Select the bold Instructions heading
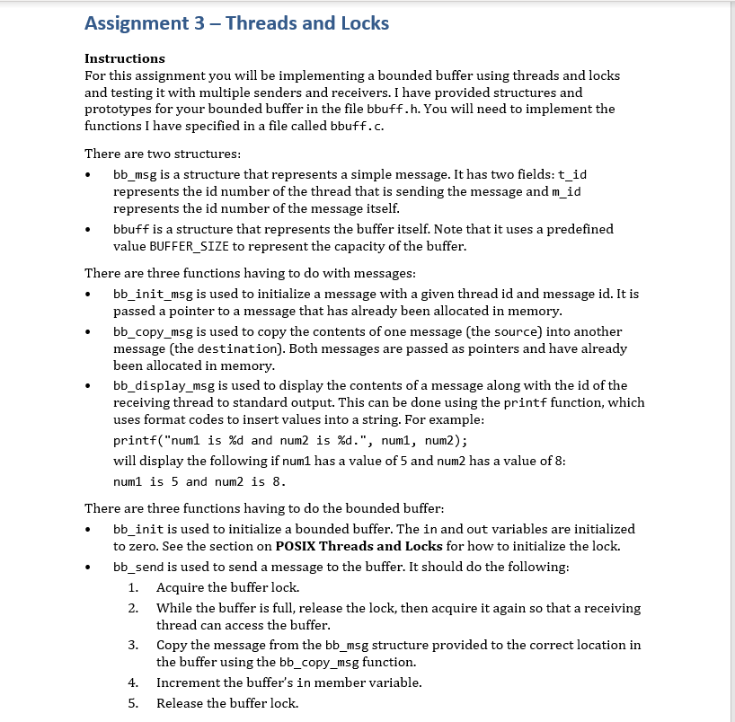point(124,58)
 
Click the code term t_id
point(573,174)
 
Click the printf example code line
point(290,440)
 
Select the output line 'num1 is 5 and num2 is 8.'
point(199,481)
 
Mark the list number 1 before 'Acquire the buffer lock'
point(132,587)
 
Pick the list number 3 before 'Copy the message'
point(132,645)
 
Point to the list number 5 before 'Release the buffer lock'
point(132,702)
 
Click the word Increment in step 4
point(189,682)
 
